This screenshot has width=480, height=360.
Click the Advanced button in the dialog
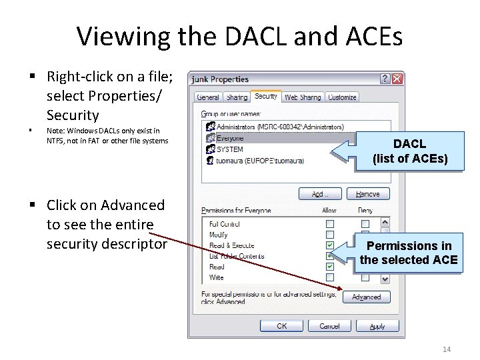[x=366, y=297]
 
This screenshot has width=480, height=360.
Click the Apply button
[x=377, y=326]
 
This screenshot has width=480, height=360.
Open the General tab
[x=207, y=97]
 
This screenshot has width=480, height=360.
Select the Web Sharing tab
[x=302, y=97]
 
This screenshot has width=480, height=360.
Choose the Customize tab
[x=342, y=97]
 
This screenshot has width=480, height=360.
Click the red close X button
[x=397, y=79]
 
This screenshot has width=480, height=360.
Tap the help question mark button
[x=385, y=79]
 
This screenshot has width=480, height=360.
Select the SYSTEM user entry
[x=229, y=149]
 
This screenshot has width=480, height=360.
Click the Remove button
[x=367, y=194]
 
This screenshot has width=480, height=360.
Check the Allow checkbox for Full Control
[x=330, y=224]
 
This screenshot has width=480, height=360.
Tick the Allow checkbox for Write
[x=330, y=277]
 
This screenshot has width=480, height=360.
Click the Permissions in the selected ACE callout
[x=409, y=253]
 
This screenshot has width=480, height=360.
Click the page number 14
[x=447, y=350]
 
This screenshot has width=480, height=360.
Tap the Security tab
[x=266, y=97]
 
